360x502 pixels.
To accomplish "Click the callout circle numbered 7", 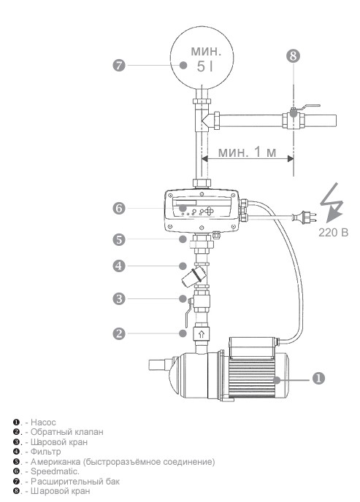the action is click(119, 66).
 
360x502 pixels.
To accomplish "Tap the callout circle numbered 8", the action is click(293, 55).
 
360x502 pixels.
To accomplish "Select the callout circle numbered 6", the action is click(119, 209).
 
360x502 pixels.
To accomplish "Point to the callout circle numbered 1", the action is click(318, 378).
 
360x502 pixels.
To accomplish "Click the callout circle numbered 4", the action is click(119, 266).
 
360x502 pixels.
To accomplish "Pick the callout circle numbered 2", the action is click(119, 333).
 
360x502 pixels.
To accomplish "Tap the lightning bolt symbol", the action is click(332, 202).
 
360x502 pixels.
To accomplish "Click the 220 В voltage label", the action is click(333, 232).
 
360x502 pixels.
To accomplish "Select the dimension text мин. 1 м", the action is click(247, 152).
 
